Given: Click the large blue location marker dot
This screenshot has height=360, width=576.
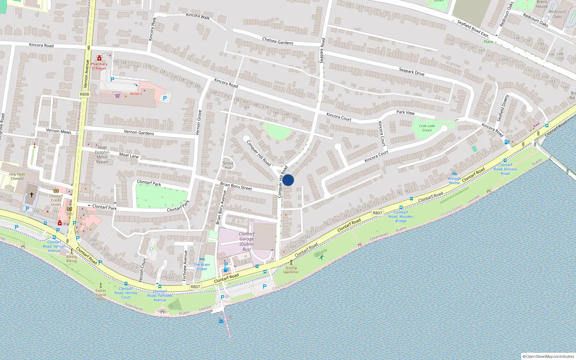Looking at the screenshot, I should click(288, 180).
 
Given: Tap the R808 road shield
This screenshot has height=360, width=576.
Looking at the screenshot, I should click(84, 94).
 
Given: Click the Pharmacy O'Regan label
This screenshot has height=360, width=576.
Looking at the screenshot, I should click(99, 66).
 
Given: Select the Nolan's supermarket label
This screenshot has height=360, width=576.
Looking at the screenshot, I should click(136, 94).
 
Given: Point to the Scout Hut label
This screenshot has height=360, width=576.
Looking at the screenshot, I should click(228, 165).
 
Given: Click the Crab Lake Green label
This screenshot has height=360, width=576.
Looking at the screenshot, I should click(427, 128).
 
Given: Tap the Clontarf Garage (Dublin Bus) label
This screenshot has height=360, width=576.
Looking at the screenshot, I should click(247, 241).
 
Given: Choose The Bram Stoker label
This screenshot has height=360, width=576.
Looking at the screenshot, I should click(202, 267).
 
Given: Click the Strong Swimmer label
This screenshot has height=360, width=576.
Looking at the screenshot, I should click(291, 270).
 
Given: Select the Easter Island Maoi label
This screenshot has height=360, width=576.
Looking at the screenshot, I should click(101, 295).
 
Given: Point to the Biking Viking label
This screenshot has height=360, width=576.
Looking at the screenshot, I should click(72, 258).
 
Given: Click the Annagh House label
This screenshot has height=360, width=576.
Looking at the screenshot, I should click(454, 181).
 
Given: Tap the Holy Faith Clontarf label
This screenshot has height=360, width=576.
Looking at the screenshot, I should click(17, 176).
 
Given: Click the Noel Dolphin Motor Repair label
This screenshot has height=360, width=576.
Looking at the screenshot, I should click(102, 154).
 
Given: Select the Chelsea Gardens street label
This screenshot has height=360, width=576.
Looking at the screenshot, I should click(278, 41).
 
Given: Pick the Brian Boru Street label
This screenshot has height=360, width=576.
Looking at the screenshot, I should click(236, 186).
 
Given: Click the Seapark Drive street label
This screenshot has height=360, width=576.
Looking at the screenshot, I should click(411, 71).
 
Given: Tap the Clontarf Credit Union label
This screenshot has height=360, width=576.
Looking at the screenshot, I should click(56, 200).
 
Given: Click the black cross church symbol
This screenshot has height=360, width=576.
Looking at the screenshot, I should click(32, 195).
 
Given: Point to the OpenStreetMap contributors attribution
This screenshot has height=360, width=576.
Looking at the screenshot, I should click(548, 356).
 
